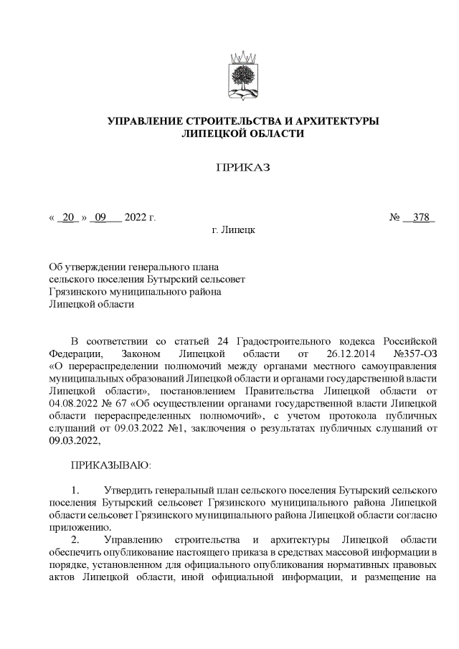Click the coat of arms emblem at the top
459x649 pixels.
pyautogui.click(x=242, y=76)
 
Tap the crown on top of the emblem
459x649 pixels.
pyautogui.click(x=242, y=56)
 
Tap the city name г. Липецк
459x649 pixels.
pyautogui.click(x=232, y=230)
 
